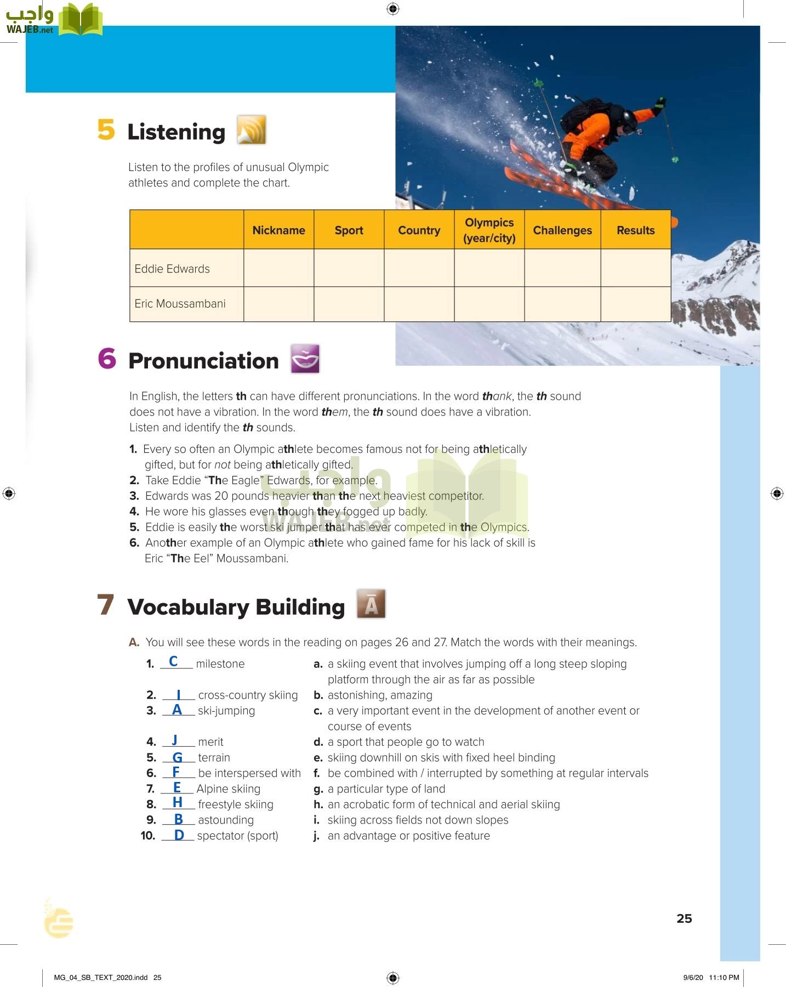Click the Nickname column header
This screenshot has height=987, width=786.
[x=278, y=230]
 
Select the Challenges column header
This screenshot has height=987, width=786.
[x=562, y=230]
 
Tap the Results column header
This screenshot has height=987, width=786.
[x=635, y=230]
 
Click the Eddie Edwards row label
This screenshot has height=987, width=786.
[x=172, y=269]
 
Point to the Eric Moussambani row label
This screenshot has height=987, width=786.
[x=180, y=304]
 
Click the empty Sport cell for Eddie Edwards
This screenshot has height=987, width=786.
[x=349, y=268]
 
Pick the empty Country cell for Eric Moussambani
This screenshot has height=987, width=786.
[x=419, y=304]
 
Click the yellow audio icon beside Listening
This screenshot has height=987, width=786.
[x=252, y=130]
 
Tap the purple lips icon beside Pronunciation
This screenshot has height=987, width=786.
[x=305, y=359]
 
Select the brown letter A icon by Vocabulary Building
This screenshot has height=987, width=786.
[x=371, y=604]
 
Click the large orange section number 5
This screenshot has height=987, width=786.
[x=106, y=130]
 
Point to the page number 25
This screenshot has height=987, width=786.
[x=684, y=918]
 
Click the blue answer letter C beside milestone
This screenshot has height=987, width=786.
[x=173, y=661]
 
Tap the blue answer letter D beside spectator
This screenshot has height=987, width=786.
[x=179, y=835]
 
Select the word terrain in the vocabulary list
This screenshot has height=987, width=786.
[x=214, y=758]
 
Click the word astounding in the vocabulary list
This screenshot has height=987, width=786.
[x=226, y=820]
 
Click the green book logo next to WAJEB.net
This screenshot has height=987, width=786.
[x=81, y=20]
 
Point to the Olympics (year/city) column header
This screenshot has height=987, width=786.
[x=489, y=230]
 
